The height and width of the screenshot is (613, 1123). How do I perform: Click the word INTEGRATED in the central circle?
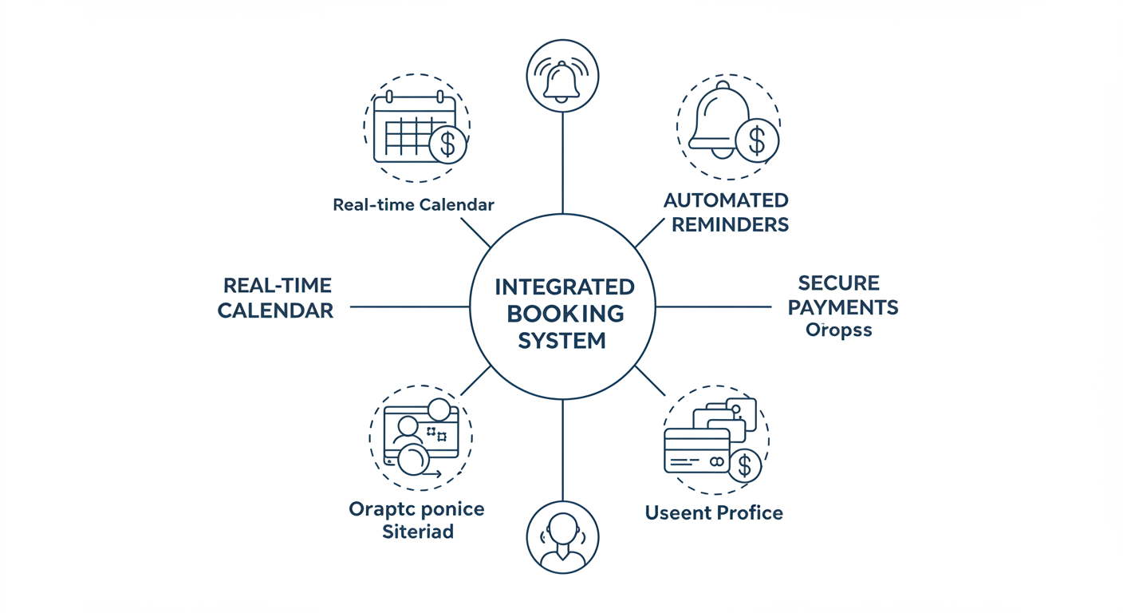pos(564,287)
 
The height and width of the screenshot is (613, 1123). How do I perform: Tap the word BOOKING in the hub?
pos(564,313)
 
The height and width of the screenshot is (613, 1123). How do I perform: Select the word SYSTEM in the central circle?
pos(562,341)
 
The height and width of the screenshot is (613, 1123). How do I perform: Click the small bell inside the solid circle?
pos(562,78)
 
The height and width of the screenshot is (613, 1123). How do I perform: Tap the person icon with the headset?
pos(562,537)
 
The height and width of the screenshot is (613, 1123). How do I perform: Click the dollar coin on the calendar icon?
pos(447,144)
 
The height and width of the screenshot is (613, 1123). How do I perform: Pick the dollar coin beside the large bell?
pos(756,141)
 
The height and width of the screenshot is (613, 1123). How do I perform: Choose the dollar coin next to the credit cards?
pos(744,465)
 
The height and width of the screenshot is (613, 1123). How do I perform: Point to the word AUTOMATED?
pos(726,200)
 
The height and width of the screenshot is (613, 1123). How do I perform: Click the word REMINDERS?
pos(730,224)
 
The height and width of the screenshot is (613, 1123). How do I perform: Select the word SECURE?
pos(838,283)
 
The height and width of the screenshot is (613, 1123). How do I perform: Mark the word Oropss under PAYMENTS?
pos(838,330)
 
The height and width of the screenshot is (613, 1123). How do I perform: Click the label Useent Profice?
pos(713,512)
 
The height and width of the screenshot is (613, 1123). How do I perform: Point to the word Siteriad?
pos(417,532)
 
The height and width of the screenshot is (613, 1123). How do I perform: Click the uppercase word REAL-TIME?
pos(277,285)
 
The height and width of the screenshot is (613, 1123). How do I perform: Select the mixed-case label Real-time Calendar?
pos(413,204)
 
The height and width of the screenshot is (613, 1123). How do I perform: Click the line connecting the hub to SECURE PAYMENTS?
pos(713,306)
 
